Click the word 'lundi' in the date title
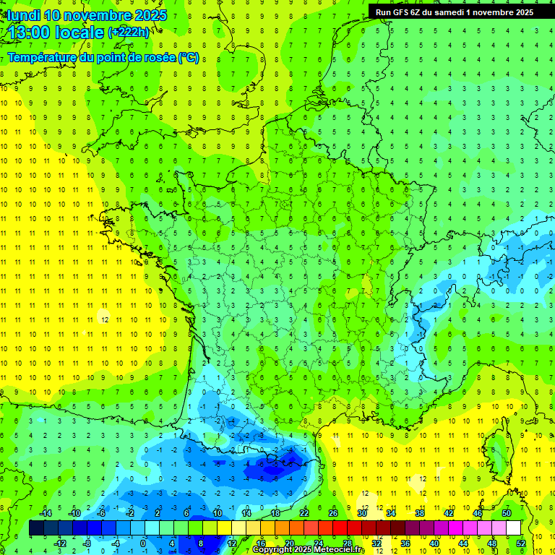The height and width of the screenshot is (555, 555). pos(23,15)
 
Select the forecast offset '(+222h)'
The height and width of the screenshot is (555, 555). pos(129,33)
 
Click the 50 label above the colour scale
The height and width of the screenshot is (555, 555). pos(507,513)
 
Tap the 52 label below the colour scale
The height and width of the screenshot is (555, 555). pos(521,543)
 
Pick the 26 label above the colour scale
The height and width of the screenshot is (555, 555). pos(333,513)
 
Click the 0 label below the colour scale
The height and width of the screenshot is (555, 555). pos(142,543)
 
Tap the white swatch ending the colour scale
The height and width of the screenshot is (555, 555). pos(514,528)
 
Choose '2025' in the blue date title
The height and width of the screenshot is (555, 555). pos(150,15)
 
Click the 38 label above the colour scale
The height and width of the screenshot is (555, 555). pos(420,513)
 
